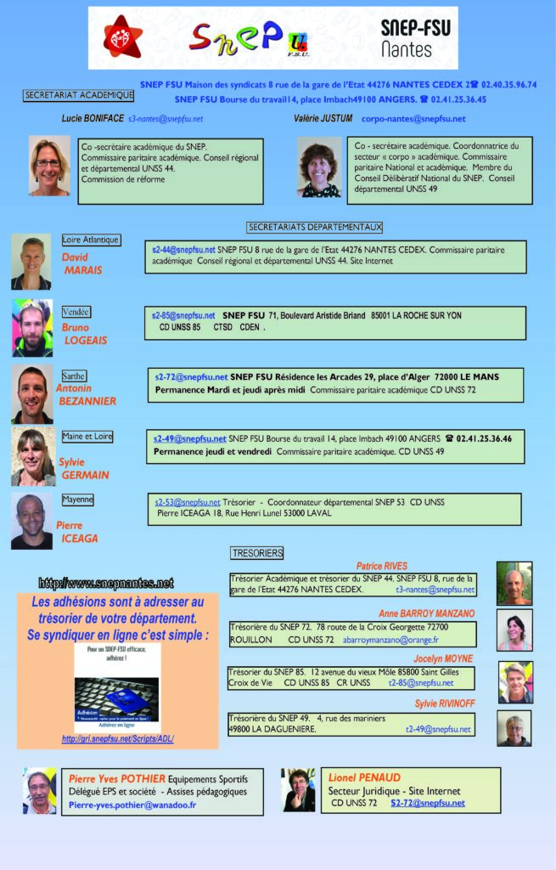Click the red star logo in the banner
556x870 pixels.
(123, 37)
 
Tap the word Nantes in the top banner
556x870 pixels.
(407, 50)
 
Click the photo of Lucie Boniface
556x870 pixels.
(49, 166)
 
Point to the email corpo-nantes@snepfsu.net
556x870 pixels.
(413, 119)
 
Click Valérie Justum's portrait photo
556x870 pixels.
(318, 167)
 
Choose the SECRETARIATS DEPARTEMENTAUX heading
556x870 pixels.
(315, 227)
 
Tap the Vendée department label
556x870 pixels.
(76, 312)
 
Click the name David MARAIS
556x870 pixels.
(82, 263)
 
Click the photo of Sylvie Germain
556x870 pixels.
(33, 455)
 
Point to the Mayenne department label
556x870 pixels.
(77, 500)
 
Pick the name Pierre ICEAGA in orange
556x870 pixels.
(77, 532)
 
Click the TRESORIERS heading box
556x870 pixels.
(256, 553)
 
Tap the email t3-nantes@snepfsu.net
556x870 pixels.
(435, 589)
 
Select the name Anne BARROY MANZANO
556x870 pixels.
(426, 613)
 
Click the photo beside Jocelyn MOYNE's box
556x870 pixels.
(514, 681)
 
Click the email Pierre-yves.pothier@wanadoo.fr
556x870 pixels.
(132, 805)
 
